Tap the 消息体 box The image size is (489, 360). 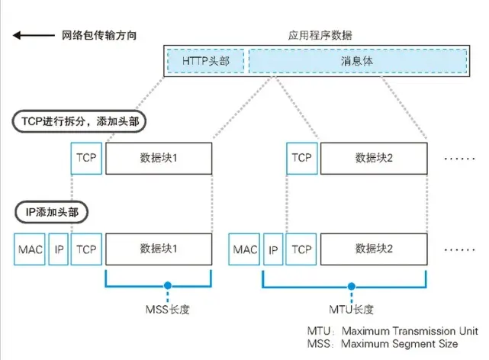click(x=357, y=59)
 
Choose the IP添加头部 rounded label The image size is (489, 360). click(x=50, y=212)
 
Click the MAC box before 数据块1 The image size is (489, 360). click(x=30, y=249)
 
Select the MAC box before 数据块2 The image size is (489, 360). click(x=245, y=249)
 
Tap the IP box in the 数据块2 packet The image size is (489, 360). click(x=273, y=249)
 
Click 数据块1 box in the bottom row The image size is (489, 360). click(x=158, y=249)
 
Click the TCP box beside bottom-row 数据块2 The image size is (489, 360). click(x=301, y=249)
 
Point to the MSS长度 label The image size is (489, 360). click(x=166, y=309)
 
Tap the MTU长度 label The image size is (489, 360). click(x=351, y=309)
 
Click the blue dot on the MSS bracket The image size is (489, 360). click(x=166, y=288)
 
